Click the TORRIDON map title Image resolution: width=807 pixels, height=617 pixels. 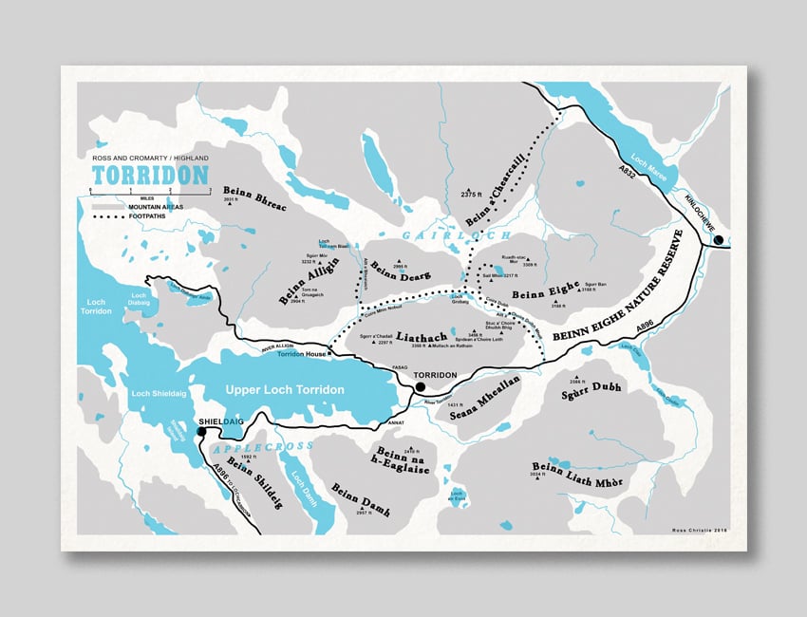149,175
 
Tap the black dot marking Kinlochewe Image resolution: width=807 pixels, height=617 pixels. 719,240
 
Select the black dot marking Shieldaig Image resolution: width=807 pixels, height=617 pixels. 201,432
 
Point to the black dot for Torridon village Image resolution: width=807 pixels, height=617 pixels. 419,386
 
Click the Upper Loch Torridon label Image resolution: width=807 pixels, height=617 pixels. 284,390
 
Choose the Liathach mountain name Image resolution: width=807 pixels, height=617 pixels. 408,335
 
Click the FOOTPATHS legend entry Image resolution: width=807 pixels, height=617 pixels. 148,216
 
